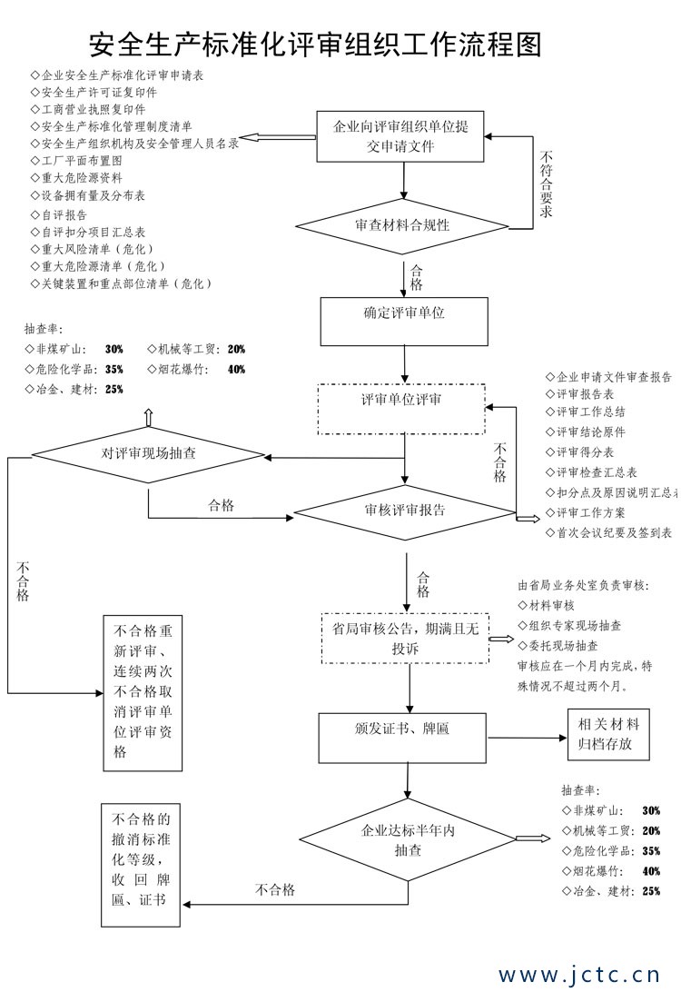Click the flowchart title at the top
click(x=315, y=42)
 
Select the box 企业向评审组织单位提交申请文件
click(x=403, y=137)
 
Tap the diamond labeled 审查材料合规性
click(x=402, y=224)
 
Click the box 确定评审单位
click(x=403, y=313)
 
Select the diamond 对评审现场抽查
click(x=148, y=453)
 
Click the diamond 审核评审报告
click(x=404, y=511)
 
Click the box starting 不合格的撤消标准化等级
click(x=141, y=858)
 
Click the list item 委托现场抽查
click(x=563, y=645)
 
